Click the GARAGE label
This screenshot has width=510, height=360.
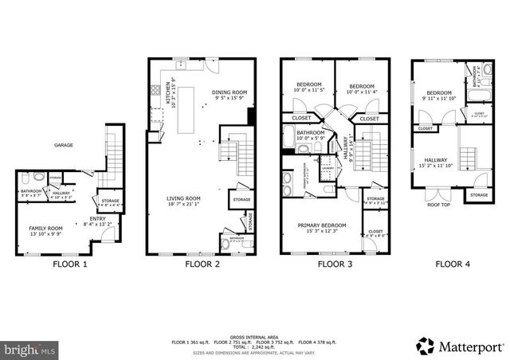[64, 146]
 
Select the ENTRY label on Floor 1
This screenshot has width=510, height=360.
[98, 221]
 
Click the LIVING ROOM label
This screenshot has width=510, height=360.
[182, 198]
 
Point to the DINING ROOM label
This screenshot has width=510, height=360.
[229, 93]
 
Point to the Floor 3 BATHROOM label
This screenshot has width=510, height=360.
[311, 132]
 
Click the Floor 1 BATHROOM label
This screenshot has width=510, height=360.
[30, 191]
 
